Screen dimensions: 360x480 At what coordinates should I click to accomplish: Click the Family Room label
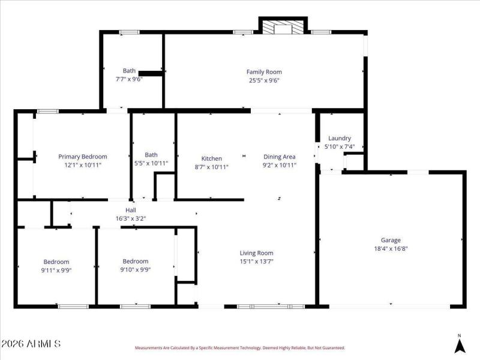(x=264, y=72)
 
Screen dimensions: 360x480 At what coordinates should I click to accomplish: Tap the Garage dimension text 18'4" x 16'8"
(x=391, y=248)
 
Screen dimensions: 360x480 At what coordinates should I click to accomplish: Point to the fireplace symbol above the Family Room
(x=283, y=28)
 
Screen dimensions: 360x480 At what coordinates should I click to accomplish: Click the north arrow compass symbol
(x=460, y=345)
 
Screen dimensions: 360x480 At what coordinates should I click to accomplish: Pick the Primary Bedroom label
(x=83, y=157)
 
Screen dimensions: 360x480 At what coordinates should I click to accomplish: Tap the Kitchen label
(x=212, y=158)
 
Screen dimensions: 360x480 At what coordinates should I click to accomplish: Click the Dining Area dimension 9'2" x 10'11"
(x=280, y=166)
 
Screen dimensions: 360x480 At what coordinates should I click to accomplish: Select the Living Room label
(x=257, y=253)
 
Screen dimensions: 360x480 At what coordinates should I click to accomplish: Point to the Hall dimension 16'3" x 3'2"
(x=130, y=218)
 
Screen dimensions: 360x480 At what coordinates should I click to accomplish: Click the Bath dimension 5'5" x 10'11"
(x=151, y=163)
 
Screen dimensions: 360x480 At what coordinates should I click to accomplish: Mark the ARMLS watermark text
(x=31, y=344)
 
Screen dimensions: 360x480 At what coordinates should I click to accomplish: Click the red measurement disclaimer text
(x=240, y=348)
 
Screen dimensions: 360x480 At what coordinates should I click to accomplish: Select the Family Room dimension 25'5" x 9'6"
(x=264, y=80)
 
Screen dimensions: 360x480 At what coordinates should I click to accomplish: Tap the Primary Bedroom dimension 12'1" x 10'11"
(x=83, y=165)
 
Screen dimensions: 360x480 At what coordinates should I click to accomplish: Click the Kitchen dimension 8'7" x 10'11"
(x=212, y=167)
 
